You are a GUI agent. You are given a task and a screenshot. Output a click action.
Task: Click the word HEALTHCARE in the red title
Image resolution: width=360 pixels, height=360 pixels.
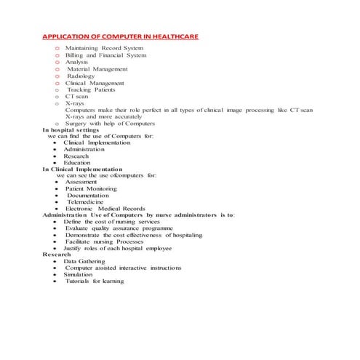click(169, 36)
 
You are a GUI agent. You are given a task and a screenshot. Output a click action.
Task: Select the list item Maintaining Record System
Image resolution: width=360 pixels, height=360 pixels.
click(105, 48)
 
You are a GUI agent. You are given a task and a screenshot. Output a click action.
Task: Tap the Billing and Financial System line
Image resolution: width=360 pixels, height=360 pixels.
click(106, 55)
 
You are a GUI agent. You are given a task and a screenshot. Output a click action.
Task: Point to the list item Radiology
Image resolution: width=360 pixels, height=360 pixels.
click(81, 76)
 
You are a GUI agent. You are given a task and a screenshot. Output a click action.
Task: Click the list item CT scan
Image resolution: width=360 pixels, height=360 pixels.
click(77, 96)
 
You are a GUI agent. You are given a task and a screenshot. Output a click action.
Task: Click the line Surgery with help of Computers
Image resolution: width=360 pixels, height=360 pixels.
click(110, 124)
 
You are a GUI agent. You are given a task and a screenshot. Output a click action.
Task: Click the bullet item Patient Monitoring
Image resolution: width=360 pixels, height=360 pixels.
click(91, 188)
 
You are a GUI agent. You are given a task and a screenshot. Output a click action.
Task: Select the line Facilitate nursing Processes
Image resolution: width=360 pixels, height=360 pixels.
click(106, 241)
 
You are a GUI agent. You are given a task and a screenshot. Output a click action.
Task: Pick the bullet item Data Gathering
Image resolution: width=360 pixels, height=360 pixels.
click(84, 261)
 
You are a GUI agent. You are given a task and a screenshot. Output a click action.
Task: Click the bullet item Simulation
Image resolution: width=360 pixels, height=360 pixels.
click(78, 274)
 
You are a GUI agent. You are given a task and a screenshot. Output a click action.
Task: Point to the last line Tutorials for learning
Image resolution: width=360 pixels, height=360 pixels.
click(95, 281)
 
